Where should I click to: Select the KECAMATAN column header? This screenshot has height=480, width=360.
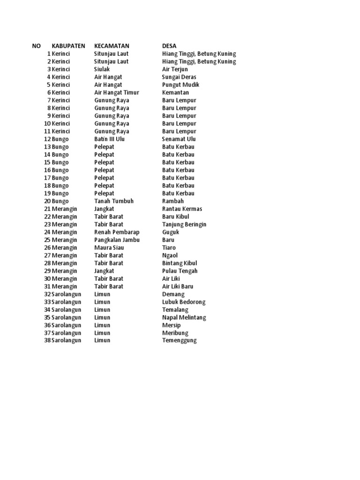[x=112, y=46]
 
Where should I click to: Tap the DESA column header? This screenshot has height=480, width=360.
[x=169, y=46]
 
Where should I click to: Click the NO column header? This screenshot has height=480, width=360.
[x=37, y=46]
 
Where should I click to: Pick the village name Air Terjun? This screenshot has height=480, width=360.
[x=175, y=69]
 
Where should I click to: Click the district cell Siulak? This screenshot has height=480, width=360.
[x=102, y=69]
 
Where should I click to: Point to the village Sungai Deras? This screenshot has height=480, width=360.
[x=179, y=77]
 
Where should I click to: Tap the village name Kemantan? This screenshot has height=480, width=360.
[x=175, y=92]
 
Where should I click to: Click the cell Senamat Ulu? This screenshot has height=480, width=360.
[x=179, y=139]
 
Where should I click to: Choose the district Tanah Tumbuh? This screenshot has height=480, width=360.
[x=114, y=201]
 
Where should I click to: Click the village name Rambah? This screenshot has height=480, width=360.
[x=173, y=201]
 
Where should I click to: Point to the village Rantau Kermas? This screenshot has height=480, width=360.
[x=182, y=209]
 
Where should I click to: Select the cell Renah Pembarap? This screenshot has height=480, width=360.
[x=117, y=232]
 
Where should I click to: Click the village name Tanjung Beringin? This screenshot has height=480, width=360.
[x=184, y=224]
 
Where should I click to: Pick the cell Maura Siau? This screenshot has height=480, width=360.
[x=109, y=247]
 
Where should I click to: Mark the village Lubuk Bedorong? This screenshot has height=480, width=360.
[x=184, y=302]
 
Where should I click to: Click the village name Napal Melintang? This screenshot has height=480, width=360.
[x=184, y=317]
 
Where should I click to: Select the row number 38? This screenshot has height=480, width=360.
[x=47, y=340]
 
